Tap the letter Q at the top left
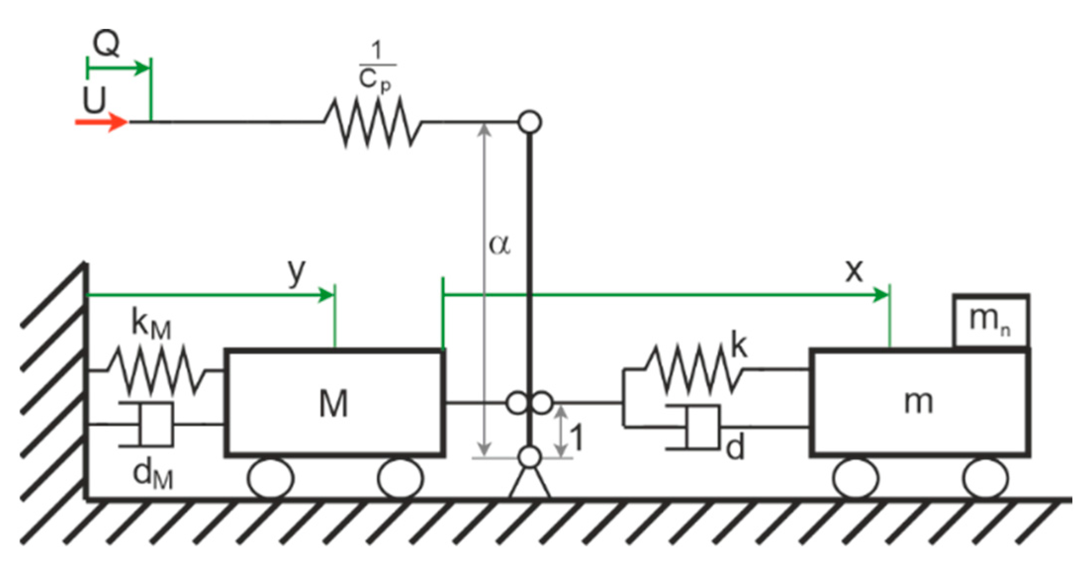[106, 44]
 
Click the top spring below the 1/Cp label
[373, 122]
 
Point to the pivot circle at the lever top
[530, 122]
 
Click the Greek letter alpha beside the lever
[499, 244]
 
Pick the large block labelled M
[334, 402]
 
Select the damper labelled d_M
[153, 425]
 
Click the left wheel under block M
[271, 479]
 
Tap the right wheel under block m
[986, 479]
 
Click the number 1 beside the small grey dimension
[577, 438]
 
